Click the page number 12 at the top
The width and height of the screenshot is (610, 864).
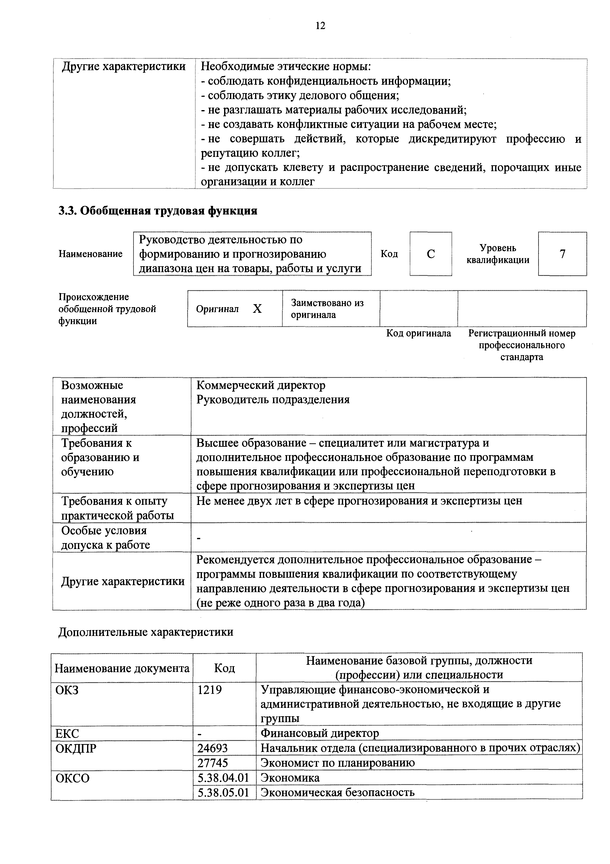pyautogui.click(x=320, y=26)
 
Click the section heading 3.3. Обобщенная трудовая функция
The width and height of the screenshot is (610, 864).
pyautogui.click(x=158, y=211)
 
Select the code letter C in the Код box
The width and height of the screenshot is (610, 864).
pyautogui.click(x=431, y=254)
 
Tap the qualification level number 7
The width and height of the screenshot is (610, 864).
pyautogui.click(x=562, y=254)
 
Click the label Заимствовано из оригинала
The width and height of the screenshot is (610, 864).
pyautogui.click(x=327, y=309)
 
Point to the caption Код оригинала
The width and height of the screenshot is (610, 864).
pyautogui.click(x=419, y=333)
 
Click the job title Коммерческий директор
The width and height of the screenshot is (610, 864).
pyautogui.click(x=261, y=385)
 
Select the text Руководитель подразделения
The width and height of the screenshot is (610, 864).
pyautogui.click(x=273, y=400)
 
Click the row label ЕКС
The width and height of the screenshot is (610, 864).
pyautogui.click(x=68, y=733)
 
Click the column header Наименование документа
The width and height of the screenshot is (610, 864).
pyautogui.click(x=122, y=668)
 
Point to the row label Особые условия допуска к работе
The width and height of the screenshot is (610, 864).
pyautogui.click(x=105, y=538)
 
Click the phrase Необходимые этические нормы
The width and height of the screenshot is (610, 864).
pyautogui.click(x=286, y=66)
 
